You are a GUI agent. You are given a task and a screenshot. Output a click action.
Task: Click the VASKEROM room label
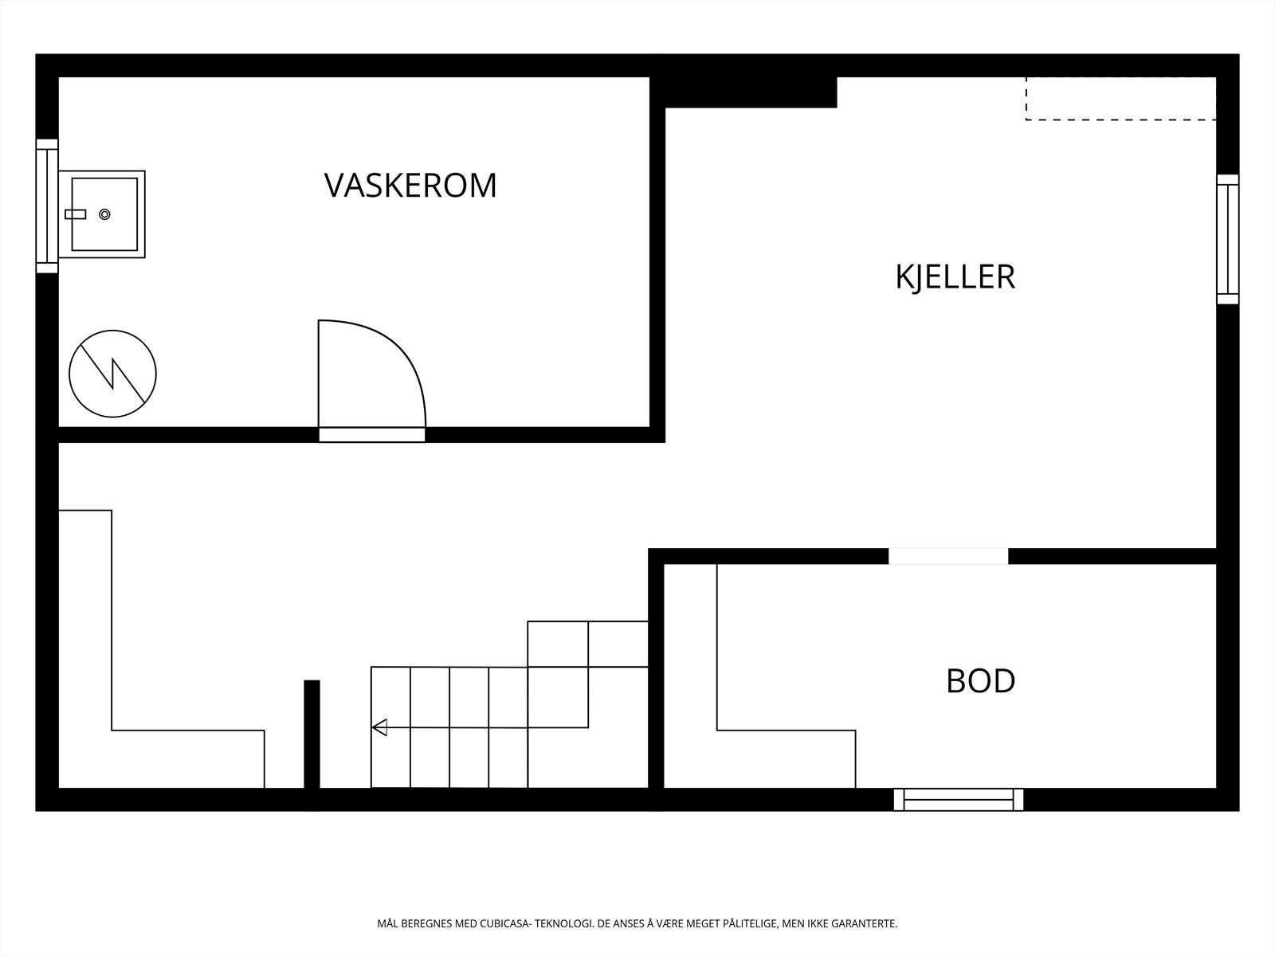click(410, 185)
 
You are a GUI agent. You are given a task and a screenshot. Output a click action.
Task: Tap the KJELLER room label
click(955, 277)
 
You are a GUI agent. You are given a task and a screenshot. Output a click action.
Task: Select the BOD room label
click(980, 681)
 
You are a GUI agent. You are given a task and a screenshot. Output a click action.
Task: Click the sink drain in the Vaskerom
click(104, 214)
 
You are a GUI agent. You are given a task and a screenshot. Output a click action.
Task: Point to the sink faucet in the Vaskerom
click(75, 214)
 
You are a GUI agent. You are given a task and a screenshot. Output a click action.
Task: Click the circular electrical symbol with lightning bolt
click(112, 374)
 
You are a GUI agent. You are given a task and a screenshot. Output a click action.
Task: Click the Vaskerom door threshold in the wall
click(371, 435)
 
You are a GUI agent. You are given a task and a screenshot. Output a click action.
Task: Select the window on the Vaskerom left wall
click(47, 206)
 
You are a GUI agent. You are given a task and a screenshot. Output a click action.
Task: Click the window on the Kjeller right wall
click(1227, 239)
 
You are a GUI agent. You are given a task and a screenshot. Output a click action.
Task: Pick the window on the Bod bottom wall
click(959, 799)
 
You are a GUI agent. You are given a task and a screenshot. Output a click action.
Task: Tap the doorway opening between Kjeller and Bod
click(948, 556)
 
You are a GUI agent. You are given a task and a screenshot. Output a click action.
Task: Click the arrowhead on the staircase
click(380, 727)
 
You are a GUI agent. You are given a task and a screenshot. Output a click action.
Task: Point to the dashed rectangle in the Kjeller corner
click(1120, 99)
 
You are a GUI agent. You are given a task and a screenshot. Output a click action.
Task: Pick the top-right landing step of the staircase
click(618, 644)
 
